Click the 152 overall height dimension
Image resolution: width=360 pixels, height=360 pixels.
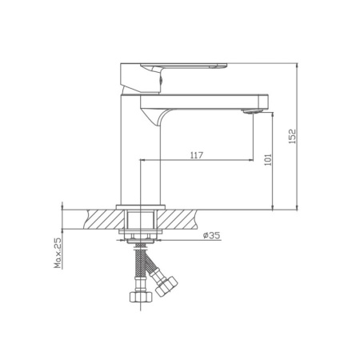click(x=293, y=136)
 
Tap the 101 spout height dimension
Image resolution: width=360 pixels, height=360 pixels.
click(x=268, y=159)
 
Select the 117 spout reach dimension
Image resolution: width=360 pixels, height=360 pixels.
click(x=197, y=155)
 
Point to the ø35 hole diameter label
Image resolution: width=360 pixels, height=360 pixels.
click(x=211, y=235)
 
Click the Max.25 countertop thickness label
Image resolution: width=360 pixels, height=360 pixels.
click(x=58, y=253)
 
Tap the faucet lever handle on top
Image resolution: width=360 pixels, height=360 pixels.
click(x=183, y=66)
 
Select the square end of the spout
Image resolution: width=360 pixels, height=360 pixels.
click(x=263, y=102)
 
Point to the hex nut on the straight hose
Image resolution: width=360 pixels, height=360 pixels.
click(x=141, y=296)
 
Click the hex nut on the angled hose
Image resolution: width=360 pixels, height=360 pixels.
click(x=166, y=286)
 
